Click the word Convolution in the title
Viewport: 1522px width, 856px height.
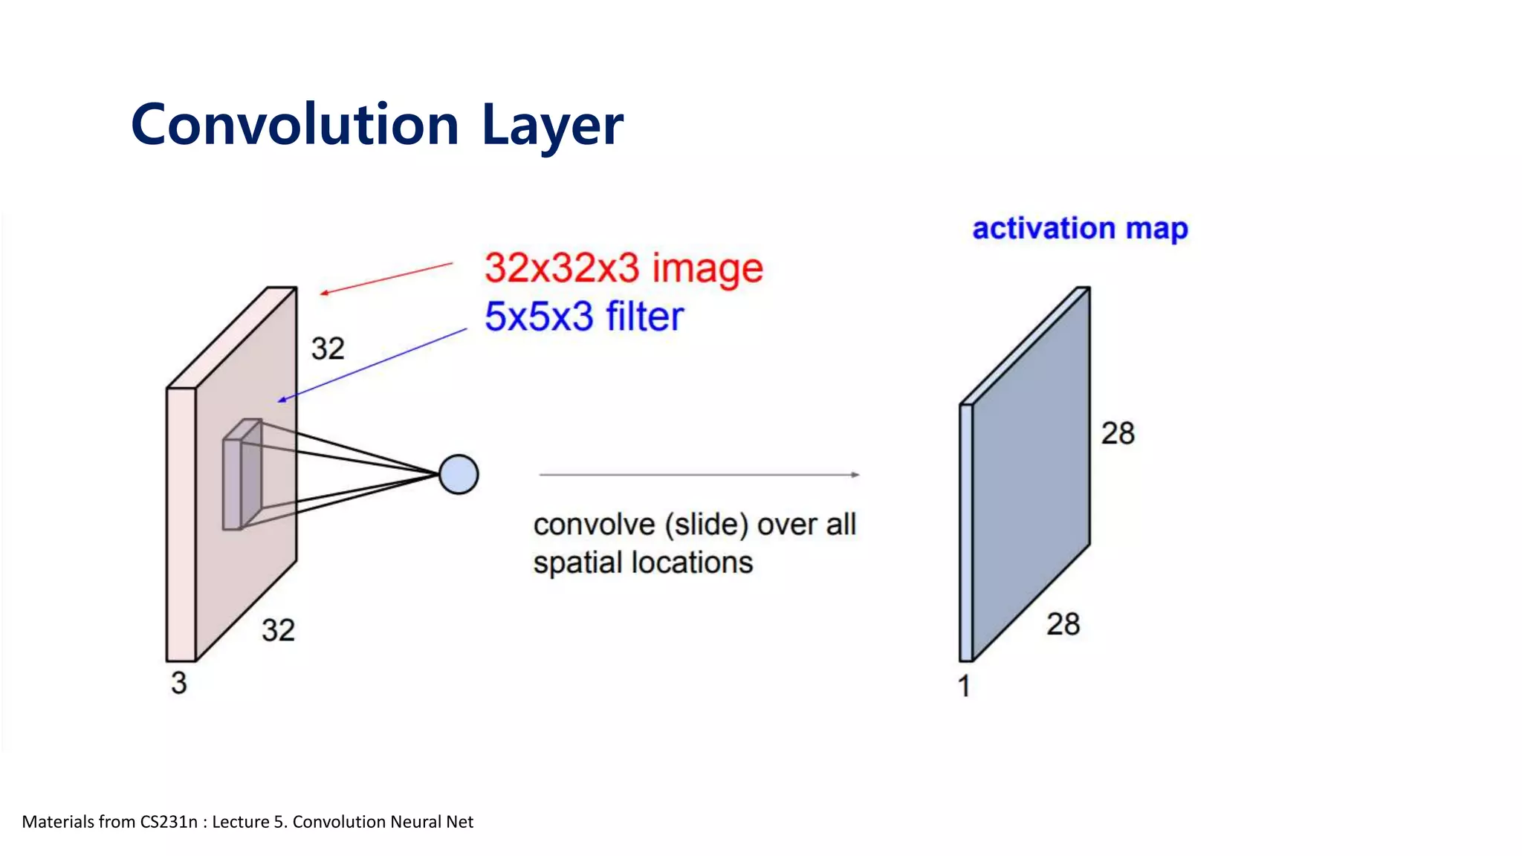pos(294,125)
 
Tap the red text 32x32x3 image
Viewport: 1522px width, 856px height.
pos(623,268)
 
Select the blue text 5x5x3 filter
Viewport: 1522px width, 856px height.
pos(583,317)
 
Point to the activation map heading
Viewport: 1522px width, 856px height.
pos(1080,228)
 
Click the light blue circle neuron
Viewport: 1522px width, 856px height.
pos(459,475)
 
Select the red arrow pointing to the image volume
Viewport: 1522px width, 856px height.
pos(386,279)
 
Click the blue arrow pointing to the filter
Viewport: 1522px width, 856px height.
pos(372,365)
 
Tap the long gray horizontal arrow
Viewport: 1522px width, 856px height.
pos(699,474)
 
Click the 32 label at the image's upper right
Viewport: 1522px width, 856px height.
pos(328,348)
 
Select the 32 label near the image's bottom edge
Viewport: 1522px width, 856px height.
pos(279,631)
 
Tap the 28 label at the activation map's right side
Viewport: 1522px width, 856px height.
pos(1118,433)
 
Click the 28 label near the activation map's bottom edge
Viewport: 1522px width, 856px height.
pos(1063,624)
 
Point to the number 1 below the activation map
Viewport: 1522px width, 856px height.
pos(964,686)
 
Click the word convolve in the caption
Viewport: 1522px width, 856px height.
pos(594,525)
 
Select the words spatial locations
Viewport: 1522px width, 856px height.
pos(643,563)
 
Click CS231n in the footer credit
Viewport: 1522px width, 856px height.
pos(169,822)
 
